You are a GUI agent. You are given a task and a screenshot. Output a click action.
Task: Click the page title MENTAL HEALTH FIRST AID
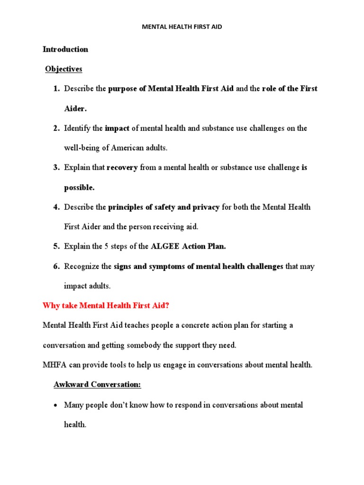(x=182, y=27)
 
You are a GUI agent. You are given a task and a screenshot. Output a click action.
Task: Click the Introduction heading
(x=65, y=49)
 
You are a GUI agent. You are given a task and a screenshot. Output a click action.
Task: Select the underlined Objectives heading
(x=64, y=69)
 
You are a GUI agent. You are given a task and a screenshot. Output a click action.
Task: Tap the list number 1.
(x=55, y=89)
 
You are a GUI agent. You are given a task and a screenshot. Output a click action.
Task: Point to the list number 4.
(x=55, y=207)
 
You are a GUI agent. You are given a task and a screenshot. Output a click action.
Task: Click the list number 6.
(x=55, y=267)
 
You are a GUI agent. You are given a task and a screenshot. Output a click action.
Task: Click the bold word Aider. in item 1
(x=75, y=108)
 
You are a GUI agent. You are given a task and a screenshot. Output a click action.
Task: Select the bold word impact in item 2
(x=117, y=128)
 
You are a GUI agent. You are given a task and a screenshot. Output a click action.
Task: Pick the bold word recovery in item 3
(x=122, y=168)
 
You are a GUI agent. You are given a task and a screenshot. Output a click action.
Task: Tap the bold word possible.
(x=79, y=188)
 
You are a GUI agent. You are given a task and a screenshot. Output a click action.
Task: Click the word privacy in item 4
(x=206, y=207)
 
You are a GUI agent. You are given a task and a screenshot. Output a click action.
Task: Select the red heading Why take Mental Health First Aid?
(x=106, y=305)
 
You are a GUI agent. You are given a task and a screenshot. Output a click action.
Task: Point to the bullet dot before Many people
(x=55, y=405)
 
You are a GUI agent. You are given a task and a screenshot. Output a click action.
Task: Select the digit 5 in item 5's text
(x=106, y=246)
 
